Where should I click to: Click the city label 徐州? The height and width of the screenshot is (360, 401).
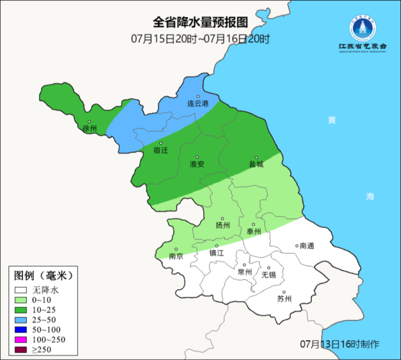(89, 128)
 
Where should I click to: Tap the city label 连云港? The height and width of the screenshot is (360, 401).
(198, 104)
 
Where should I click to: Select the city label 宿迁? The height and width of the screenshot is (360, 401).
(160, 150)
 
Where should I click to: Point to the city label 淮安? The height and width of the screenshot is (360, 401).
(197, 164)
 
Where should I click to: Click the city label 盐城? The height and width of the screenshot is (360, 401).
(256, 164)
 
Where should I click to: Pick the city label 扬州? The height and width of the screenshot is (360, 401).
(223, 226)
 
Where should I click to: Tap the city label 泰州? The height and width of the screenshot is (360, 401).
(254, 232)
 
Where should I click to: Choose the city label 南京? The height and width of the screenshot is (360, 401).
(176, 256)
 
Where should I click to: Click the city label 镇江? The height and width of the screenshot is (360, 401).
(217, 253)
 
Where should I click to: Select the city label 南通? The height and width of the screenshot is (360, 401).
(307, 246)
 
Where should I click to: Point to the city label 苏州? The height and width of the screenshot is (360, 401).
(284, 299)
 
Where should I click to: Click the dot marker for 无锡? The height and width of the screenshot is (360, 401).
(269, 268)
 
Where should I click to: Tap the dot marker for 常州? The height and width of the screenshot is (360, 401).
(245, 265)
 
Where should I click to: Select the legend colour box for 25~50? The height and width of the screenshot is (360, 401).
(21, 320)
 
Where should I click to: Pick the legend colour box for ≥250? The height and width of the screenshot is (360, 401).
(21, 349)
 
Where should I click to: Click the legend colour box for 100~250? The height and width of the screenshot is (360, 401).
(21, 340)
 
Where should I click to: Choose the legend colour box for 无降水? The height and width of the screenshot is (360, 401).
(21, 290)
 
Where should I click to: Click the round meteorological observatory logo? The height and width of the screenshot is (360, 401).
(363, 28)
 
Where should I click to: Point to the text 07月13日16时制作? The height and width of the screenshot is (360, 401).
(340, 344)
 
